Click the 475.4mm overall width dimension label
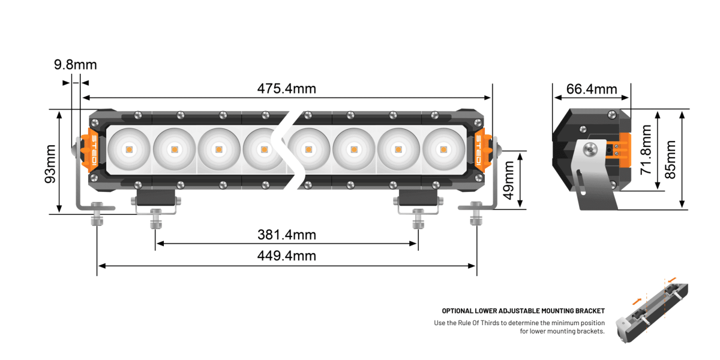[286, 89]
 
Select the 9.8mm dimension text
[75, 65]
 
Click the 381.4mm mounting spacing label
[286, 235]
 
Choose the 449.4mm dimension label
[286, 256]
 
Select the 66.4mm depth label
[592, 89]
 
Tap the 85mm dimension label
[670, 158]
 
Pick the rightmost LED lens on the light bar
[443, 148]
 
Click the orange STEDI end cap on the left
[95, 148]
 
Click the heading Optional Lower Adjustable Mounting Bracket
[523, 311]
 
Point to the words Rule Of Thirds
[479, 323]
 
